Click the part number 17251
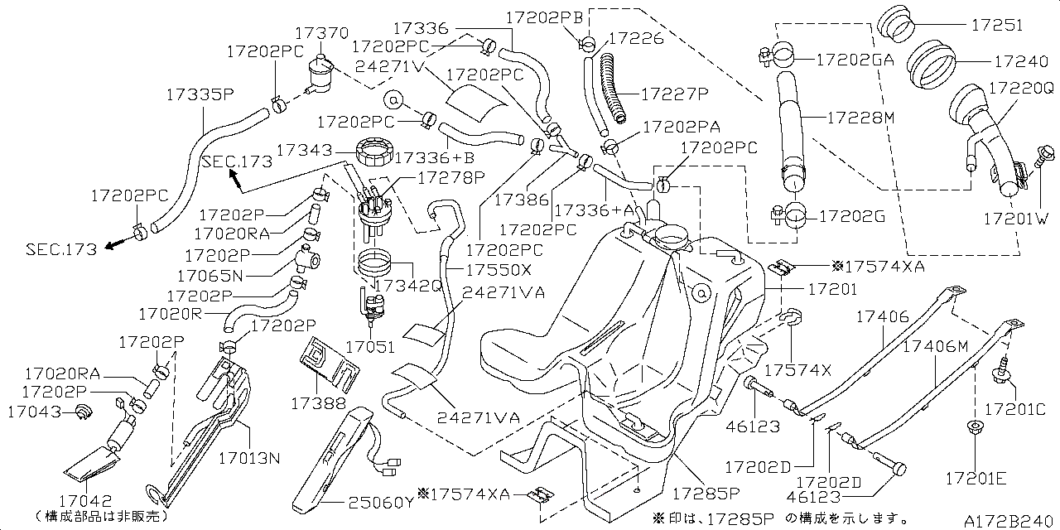[x=999, y=26]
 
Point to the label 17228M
[x=861, y=118]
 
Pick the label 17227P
[x=675, y=94]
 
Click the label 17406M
[x=934, y=346]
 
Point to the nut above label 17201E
[x=975, y=431]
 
